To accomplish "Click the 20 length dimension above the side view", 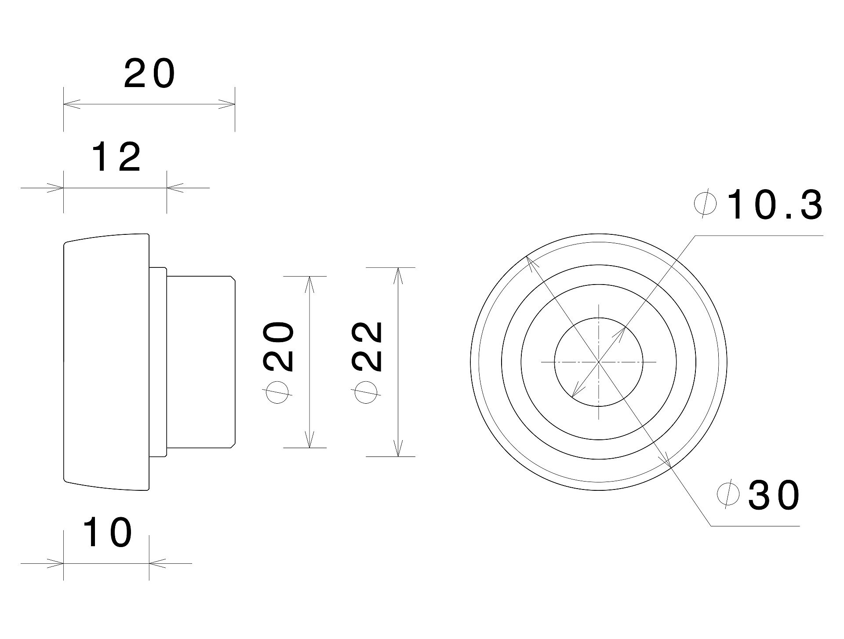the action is [149, 73].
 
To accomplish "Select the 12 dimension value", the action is [116, 157].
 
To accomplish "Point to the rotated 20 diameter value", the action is [278, 347].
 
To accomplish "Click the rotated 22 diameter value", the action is [367, 347].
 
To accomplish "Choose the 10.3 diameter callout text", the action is [775, 205].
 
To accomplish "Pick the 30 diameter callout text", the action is [773, 496].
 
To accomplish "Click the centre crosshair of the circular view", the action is [599, 362].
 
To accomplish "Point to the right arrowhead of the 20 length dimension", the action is [227, 105].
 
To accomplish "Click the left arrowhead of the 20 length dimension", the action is [72, 105].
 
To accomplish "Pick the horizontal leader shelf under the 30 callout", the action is [755, 526].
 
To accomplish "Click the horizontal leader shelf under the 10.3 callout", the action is [759, 236].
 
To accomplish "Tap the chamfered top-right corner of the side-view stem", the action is [233, 278].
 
